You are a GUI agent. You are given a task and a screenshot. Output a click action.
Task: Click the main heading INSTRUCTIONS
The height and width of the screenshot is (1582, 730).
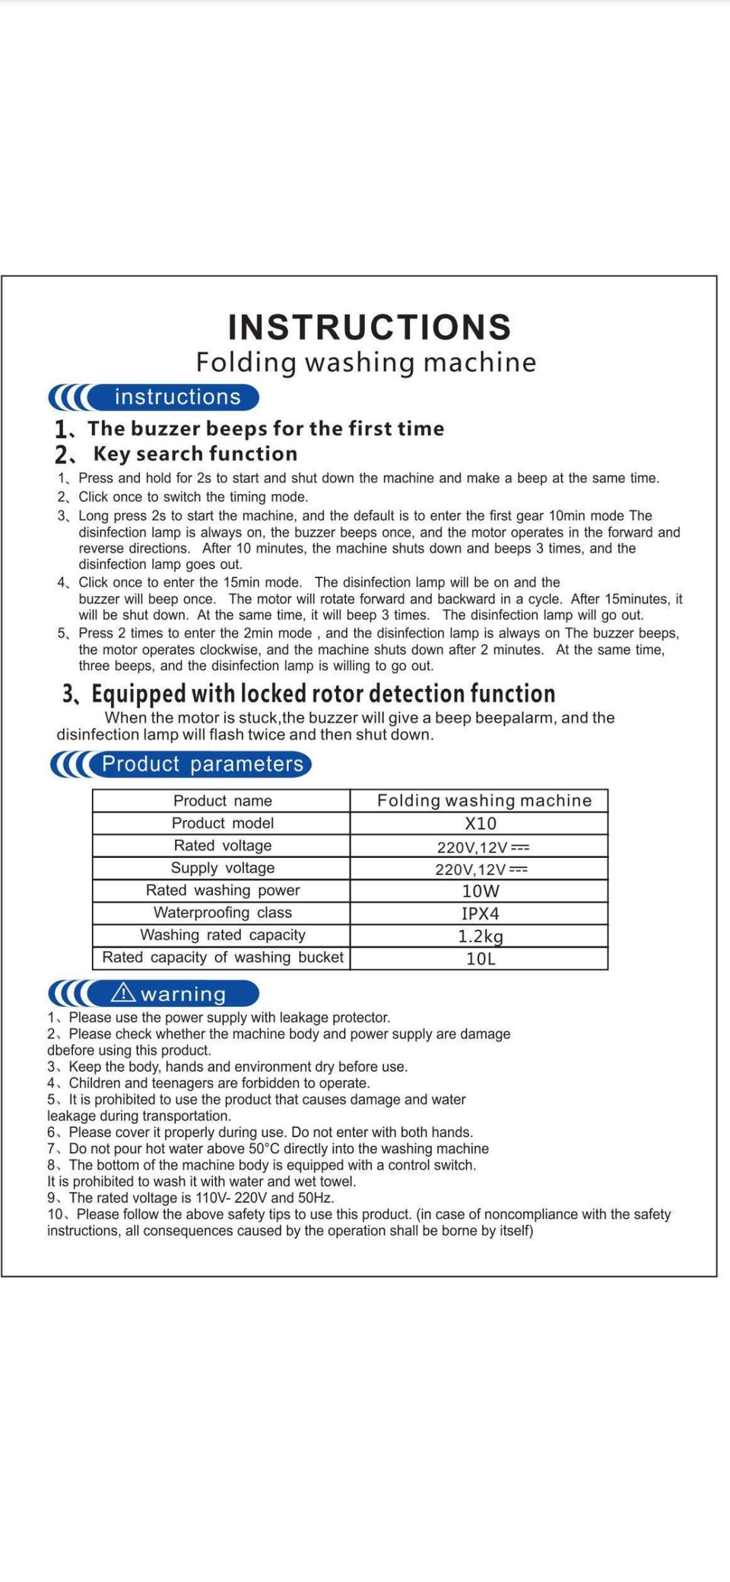(370, 327)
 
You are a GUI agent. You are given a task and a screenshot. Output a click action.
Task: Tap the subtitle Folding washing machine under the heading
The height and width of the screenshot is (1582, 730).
(366, 362)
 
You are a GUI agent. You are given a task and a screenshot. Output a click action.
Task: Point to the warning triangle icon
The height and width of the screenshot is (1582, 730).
(123, 993)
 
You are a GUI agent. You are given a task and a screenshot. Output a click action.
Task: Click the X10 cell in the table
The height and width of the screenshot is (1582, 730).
(481, 824)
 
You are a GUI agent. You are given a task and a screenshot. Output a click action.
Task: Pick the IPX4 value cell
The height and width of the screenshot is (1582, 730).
(481, 913)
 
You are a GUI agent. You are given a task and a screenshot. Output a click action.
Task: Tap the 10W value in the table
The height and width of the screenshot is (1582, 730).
(481, 891)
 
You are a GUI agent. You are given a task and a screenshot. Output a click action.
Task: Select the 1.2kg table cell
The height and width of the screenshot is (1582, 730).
(481, 936)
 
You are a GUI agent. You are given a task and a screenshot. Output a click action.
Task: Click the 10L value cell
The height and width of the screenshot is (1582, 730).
(481, 958)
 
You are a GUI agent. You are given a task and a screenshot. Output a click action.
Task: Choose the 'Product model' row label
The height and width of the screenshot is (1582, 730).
(222, 823)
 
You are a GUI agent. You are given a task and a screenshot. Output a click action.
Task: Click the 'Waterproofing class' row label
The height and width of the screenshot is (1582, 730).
(222, 913)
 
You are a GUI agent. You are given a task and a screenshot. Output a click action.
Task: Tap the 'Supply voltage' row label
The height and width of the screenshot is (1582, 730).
(222, 868)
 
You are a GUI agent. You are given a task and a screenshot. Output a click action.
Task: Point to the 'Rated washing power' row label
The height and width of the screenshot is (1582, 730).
(222, 890)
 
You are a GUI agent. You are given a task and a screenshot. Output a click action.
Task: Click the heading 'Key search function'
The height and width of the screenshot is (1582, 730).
(195, 454)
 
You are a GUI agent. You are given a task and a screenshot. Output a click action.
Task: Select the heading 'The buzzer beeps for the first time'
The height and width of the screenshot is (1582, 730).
(265, 429)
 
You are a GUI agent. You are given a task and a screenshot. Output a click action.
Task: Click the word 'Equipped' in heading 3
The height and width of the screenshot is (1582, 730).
(138, 694)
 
